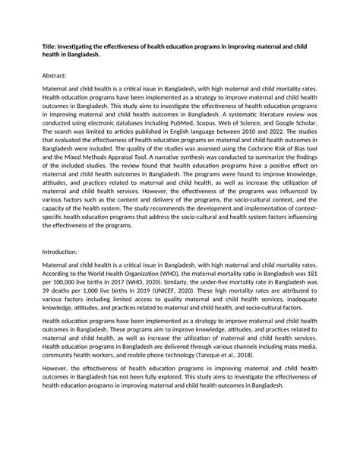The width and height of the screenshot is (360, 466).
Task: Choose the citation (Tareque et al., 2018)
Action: click(x=248, y=355)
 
